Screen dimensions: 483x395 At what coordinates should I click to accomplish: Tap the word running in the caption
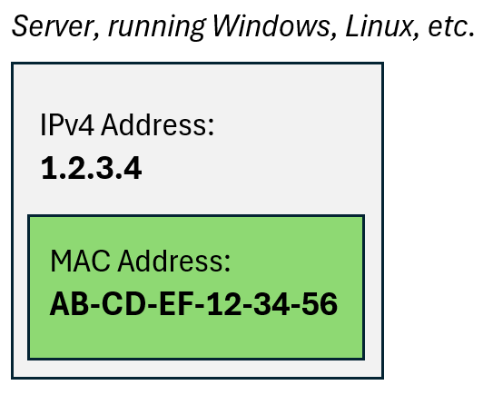pos(157,27)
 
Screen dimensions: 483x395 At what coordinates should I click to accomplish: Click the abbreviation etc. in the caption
pos(450,27)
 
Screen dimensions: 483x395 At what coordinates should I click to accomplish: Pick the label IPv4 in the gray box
pos(67,124)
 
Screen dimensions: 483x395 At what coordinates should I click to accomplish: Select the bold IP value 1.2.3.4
pos(92,168)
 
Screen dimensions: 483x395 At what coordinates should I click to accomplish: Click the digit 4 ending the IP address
pos(133,168)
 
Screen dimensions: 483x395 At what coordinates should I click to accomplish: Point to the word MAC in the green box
pos(80,261)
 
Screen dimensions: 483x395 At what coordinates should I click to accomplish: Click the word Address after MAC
pos(173,261)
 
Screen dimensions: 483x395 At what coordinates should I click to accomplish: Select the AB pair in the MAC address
pos(69,304)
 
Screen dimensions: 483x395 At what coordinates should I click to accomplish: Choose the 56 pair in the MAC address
pos(320,304)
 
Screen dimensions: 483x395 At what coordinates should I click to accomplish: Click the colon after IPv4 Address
pos(211,127)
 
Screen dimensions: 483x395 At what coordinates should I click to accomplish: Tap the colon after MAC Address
pos(227,263)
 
